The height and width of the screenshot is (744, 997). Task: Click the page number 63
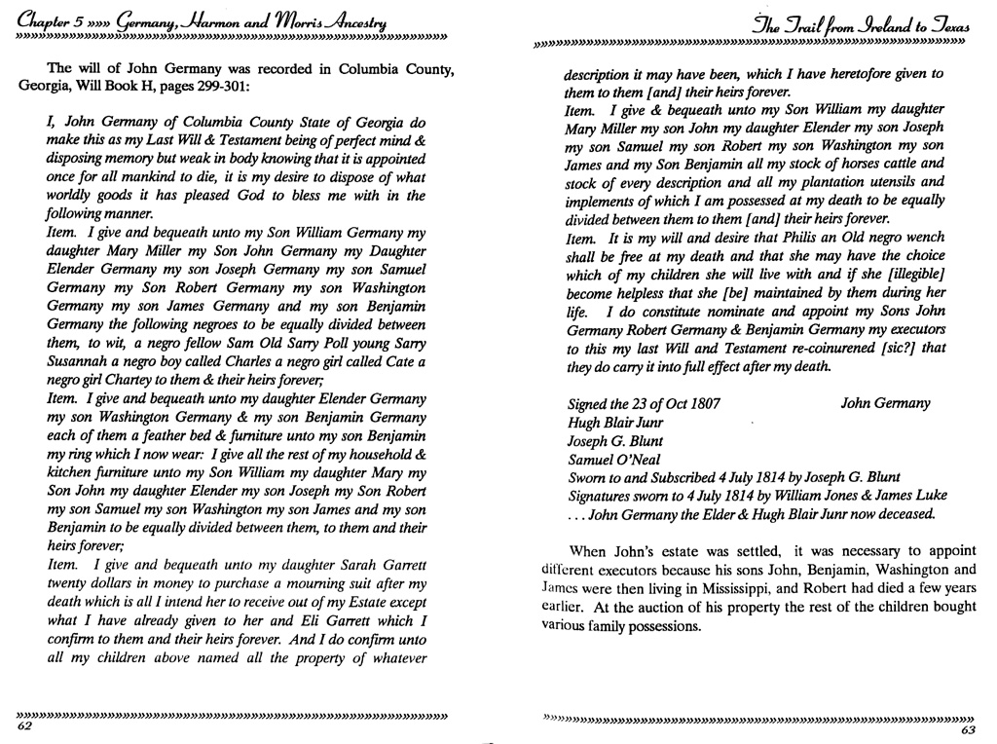pyautogui.click(x=968, y=731)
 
